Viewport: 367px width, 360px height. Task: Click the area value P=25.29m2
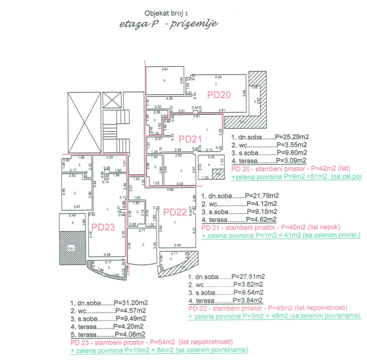[292, 137]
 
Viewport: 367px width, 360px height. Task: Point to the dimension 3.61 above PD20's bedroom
[165, 69]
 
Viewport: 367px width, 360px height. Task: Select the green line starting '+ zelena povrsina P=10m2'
[159, 350]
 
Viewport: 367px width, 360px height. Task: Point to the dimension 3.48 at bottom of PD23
[106, 254]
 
